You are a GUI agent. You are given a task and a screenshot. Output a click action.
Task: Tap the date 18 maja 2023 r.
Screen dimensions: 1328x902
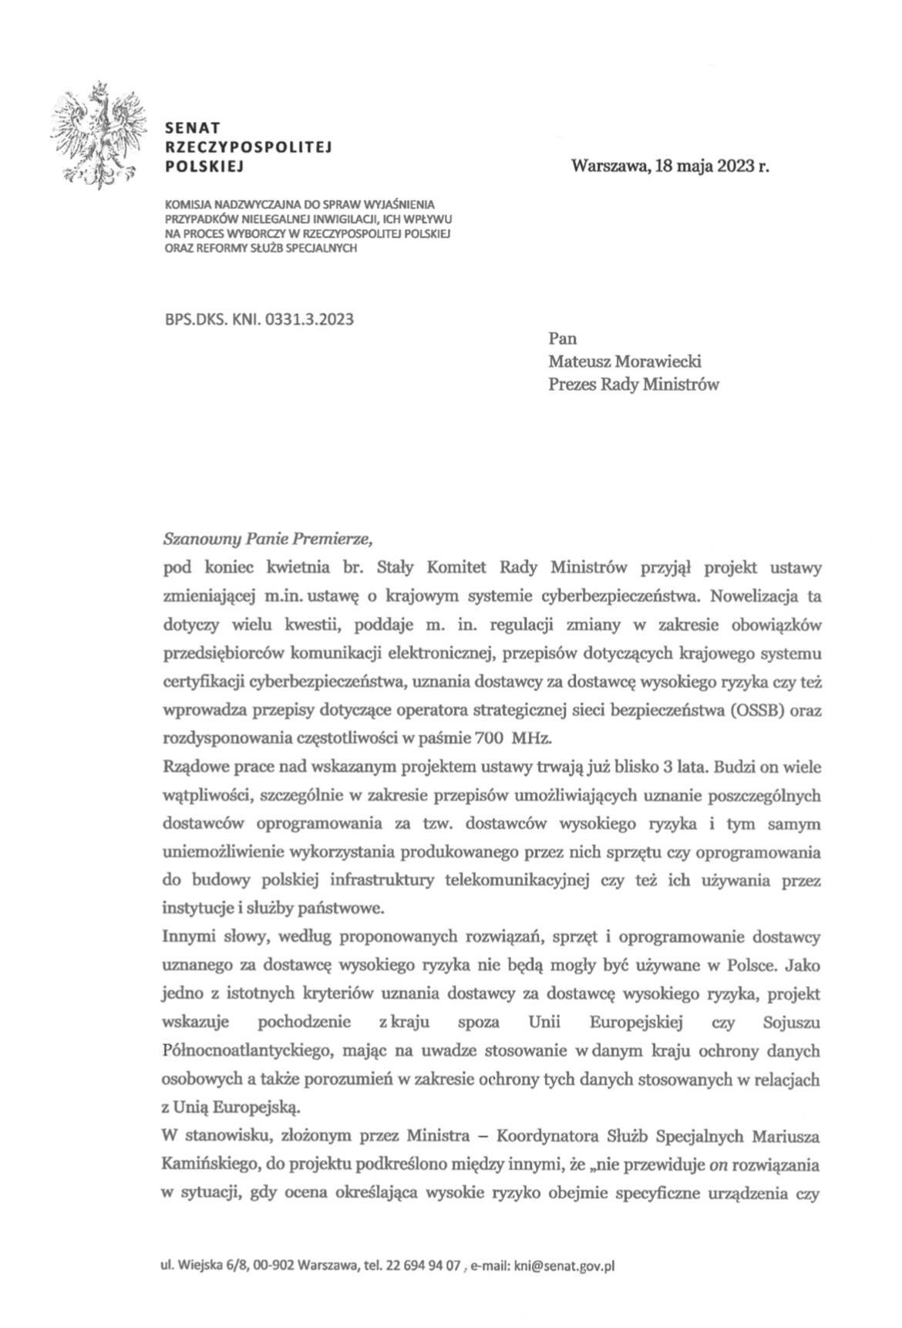click(712, 165)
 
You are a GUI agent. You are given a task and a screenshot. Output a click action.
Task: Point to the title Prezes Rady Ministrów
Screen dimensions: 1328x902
click(633, 384)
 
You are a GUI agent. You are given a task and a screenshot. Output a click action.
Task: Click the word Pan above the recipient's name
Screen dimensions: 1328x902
click(562, 338)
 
